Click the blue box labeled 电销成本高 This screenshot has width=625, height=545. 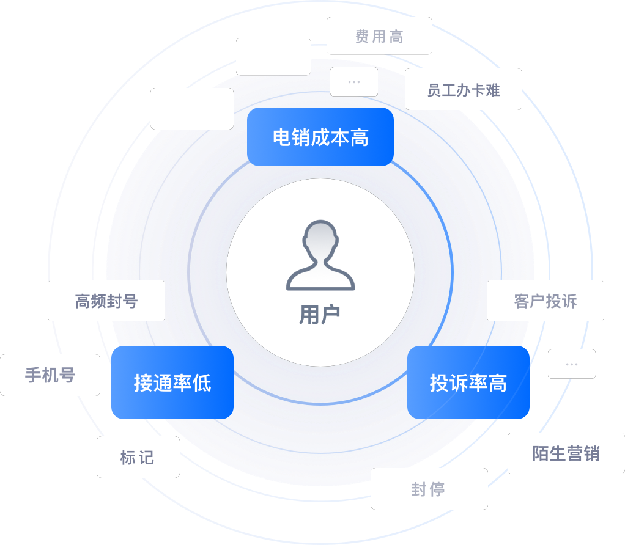tap(320, 137)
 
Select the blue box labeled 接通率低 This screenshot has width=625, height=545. tap(172, 382)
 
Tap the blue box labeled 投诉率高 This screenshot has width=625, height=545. tap(468, 382)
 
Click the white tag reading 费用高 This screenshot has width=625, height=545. tap(379, 36)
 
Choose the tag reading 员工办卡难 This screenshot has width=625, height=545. tap(463, 90)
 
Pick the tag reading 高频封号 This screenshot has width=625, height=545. tap(106, 301)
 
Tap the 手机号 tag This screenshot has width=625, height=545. tap(50, 375)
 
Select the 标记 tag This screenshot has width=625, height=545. tap(138, 456)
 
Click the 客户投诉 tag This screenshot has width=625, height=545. tap(545, 301)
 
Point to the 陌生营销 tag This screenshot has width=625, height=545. tap(566, 453)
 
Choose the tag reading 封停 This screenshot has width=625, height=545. tap(429, 489)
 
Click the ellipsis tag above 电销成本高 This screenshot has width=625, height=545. tap(353, 82)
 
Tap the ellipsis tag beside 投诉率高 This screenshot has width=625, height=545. tap(571, 364)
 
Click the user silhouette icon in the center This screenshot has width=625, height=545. tap(320, 255)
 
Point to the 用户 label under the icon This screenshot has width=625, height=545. tap(319, 315)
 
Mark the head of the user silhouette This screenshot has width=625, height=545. tap(320, 239)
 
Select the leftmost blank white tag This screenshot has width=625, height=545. tap(192, 109)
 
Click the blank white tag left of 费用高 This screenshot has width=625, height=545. tap(273, 57)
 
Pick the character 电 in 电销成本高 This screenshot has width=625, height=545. tap(281, 137)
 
